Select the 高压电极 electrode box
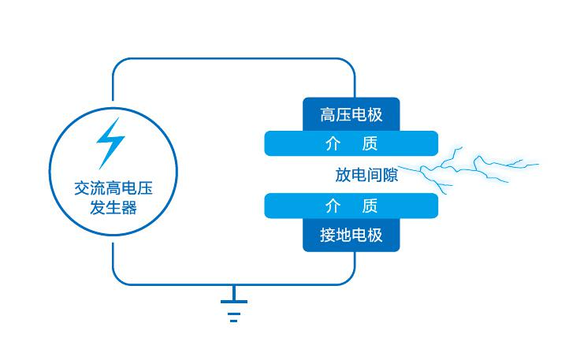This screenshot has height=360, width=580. (x=351, y=114)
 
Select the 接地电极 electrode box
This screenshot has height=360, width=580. (x=351, y=236)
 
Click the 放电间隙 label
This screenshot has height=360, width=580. (x=366, y=175)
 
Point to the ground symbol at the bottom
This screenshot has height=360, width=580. (x=233, y=308)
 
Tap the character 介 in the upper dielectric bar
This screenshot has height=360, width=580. (x=333, y=143)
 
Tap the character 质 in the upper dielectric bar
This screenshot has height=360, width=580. (x=370, y=143)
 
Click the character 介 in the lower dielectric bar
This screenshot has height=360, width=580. (x=333, y=206)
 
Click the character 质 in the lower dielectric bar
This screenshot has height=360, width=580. (x=370, y=206)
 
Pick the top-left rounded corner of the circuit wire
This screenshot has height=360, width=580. (x=119, y=64)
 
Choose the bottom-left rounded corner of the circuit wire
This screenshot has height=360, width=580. (x=119, y=278)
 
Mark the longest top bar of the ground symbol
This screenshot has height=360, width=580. (x=233, y=301)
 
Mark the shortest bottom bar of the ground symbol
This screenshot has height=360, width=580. (x=233, y=321)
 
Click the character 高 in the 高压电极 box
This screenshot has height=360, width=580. (x=328, y=114)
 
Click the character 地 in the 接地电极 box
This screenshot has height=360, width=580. (x=344, y=236)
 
